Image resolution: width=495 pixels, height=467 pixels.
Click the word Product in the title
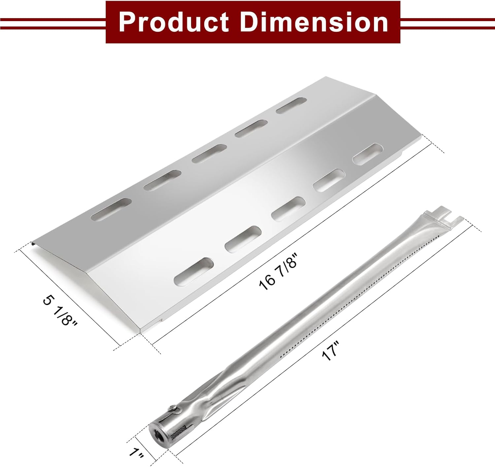pos(174,22)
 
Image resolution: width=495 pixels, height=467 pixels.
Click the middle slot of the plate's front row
pos(288,208)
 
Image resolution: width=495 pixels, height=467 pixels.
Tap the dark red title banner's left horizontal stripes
pos(53,22)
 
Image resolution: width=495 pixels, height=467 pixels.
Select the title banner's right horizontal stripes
pos(447,22)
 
